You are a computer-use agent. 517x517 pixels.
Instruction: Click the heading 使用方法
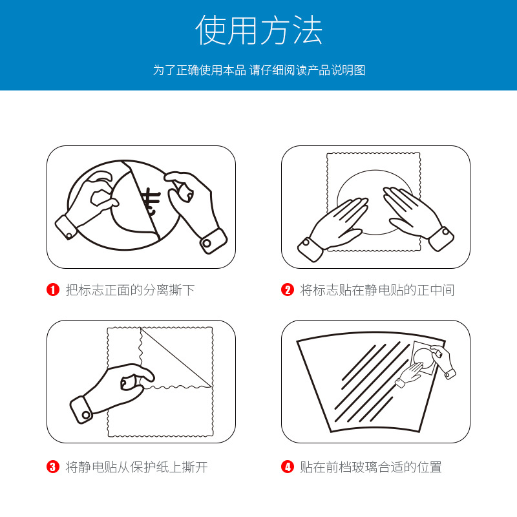click(x=259, y=30)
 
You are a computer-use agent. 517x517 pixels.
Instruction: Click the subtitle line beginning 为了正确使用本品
click(x=259, y=70)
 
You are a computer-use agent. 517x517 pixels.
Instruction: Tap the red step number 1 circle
click(x=53, y=290)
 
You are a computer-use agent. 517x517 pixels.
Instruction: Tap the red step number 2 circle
click(x=287, y=290)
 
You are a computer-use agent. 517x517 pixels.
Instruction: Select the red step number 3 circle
click(x=53, y=467)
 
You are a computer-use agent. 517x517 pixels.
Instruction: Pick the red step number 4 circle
click(x=287, y=467)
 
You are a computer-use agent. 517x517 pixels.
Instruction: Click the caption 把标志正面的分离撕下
click(x=130, y=290)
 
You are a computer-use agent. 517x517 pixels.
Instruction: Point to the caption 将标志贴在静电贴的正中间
click(x=377, y=290)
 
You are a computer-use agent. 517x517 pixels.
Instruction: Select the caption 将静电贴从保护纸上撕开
click(x=136, y=467)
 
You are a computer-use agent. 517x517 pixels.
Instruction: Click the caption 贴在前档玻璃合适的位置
click(x=370, y=467)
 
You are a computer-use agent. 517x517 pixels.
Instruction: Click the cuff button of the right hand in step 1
click(x=207, y=244)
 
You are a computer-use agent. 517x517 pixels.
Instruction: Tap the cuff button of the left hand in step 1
click(x=69, y=235)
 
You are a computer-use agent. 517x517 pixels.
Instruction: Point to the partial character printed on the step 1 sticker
click(x=151, y=201)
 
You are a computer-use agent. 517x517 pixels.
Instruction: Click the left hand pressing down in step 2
click(x=333, y=227)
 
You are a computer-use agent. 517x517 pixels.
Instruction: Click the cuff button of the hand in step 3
click(x=87, y=415)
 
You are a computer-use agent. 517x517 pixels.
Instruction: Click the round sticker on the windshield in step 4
click(x=424, y=359)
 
